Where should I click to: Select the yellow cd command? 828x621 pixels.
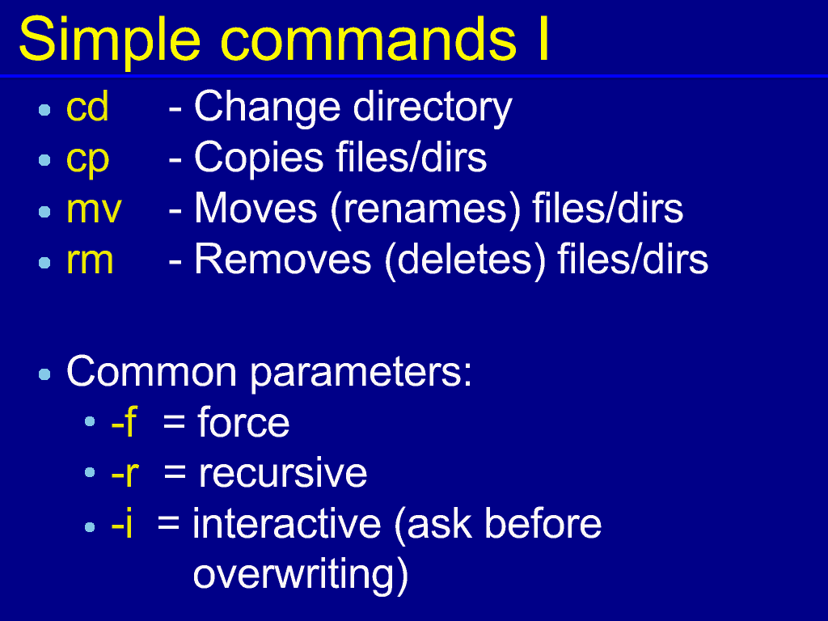coord(87,106)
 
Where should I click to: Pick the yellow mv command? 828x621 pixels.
coord(94,210)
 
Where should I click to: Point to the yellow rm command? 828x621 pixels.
coord(90,261)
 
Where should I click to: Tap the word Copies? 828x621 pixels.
coord(259,158)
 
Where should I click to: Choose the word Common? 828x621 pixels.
coord(151,372)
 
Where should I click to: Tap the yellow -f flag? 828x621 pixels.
coord(124,422)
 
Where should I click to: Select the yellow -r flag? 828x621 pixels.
coord(125,473)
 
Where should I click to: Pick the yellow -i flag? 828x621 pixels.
coord(122,524)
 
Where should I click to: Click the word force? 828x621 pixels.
coord(243,422)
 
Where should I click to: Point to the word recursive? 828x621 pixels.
coord(282,472)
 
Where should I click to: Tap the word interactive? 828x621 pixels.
coord(287,524)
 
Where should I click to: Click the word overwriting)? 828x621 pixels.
coord(301,576)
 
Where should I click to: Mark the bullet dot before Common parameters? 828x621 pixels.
coord(45,374)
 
